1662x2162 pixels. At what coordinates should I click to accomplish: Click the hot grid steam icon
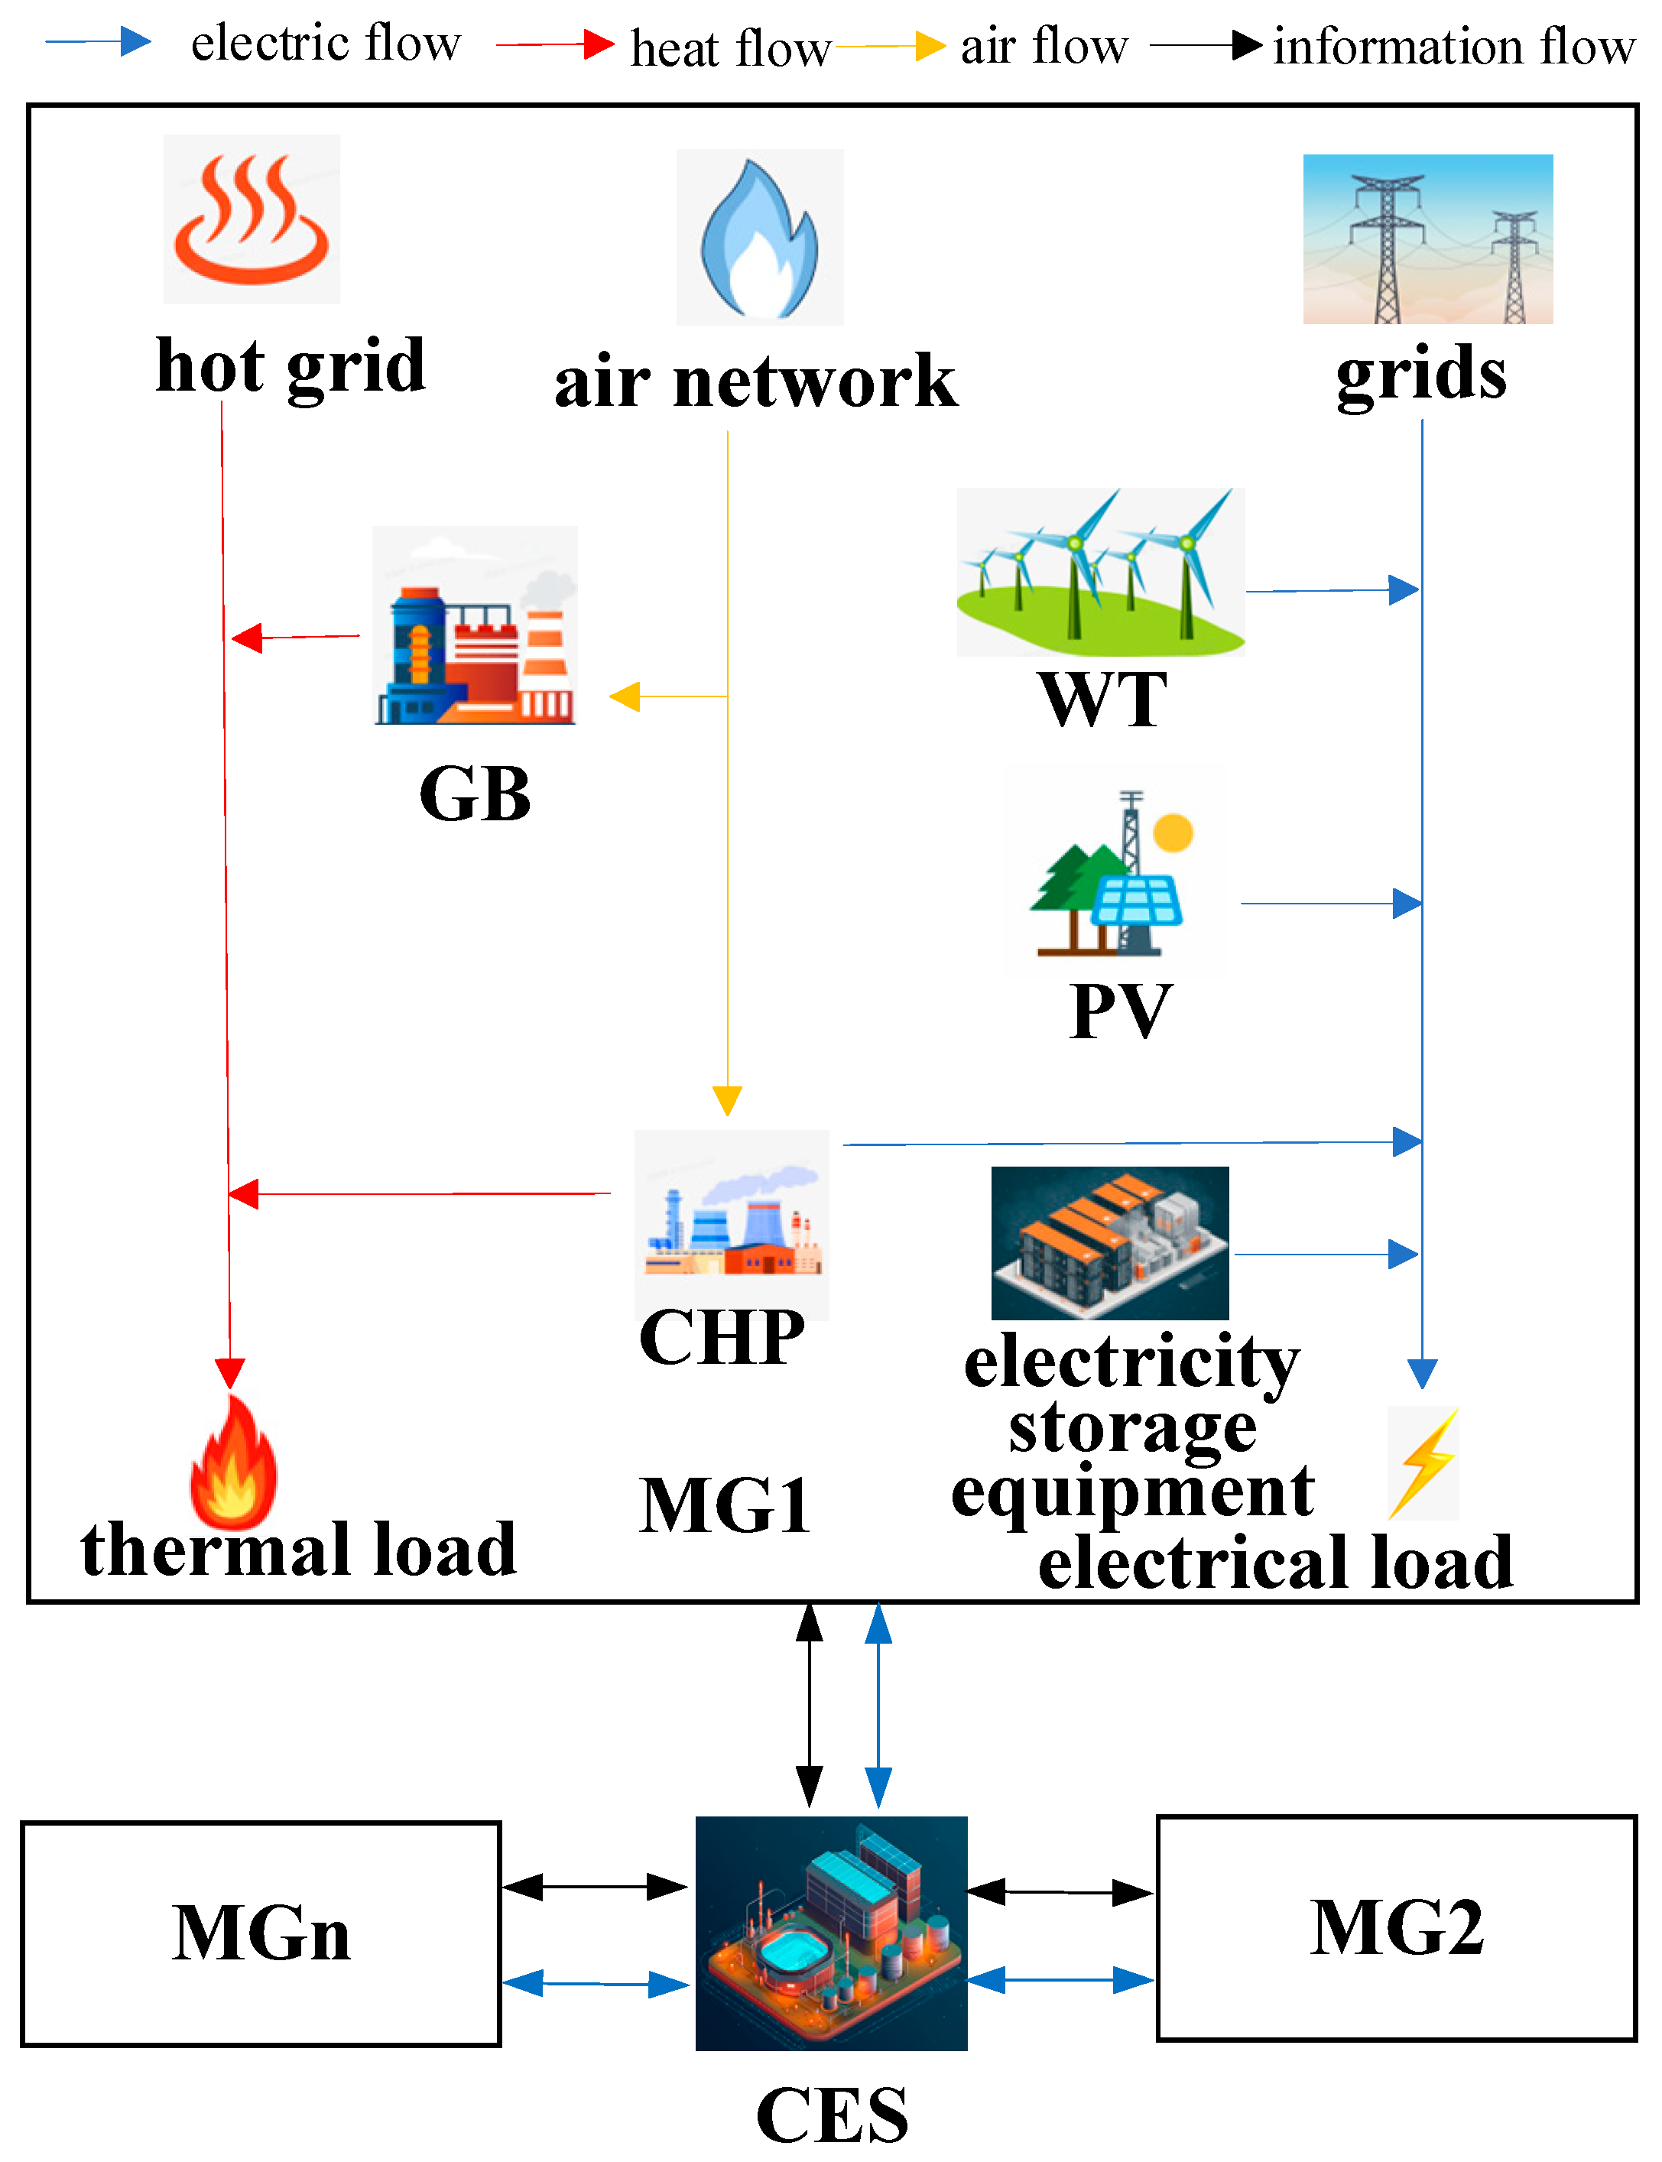pos(252,219)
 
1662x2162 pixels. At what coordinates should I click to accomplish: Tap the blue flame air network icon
pos(759,237)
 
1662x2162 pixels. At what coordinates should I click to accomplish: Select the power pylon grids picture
pos(1427,239)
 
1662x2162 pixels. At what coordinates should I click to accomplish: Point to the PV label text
pos(1120,1011)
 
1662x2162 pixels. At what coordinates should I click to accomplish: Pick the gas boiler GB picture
pos(474,626)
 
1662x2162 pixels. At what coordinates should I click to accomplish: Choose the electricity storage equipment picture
pos(1109,1242)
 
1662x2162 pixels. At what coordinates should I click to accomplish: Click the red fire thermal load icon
pos(232,1462)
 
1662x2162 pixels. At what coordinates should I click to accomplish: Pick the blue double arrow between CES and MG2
pos(1060,1979)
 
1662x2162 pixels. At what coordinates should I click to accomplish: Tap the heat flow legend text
pos(730,47)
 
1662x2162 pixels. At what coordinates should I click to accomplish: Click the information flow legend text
pos(1453,46)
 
